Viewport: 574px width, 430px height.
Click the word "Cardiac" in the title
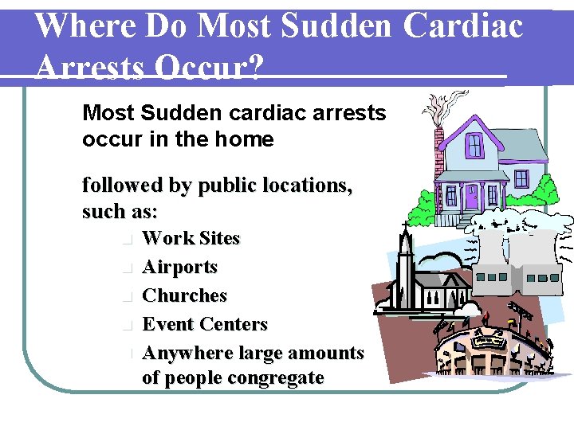tap(463, 25)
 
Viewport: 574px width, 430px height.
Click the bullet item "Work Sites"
tap(191, 238)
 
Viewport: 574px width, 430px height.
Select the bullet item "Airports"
tap(179, 267)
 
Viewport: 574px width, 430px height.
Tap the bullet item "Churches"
tap(184, 295)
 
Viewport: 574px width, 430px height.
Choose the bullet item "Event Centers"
tap(204, 324)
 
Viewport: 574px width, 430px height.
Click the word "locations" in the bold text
tap(304, 186)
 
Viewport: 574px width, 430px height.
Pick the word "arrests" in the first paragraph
tap(352, 113)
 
